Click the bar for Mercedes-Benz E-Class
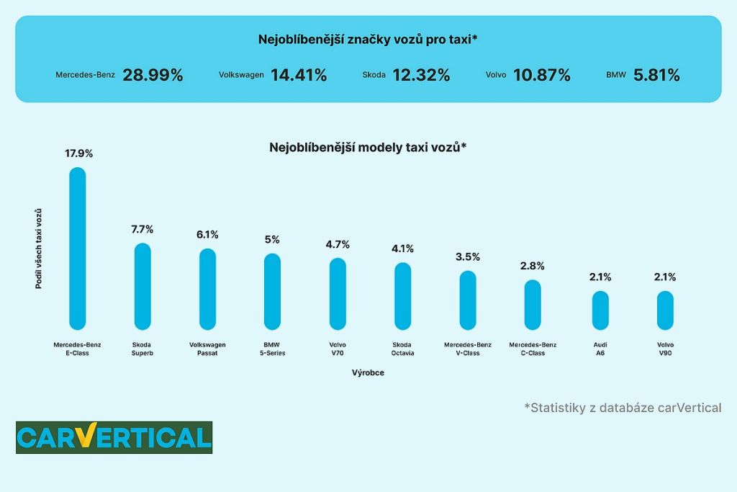point(77,249)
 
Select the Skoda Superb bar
point(143,287)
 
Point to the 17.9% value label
point(79,153)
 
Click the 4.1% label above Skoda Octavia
point(402,249)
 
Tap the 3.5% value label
point(468,256)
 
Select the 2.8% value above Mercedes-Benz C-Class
point(533,266)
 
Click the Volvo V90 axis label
point(665,349)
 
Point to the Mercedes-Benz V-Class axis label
point(468,349)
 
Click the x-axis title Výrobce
point(368,372)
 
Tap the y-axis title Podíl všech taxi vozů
point(39,249)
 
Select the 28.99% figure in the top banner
point(153,75)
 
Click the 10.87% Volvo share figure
point(541,75)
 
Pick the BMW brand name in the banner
point(617,75)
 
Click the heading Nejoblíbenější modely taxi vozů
point(368,147)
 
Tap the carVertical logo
point(114,437)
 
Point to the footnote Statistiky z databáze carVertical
point(623,408)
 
